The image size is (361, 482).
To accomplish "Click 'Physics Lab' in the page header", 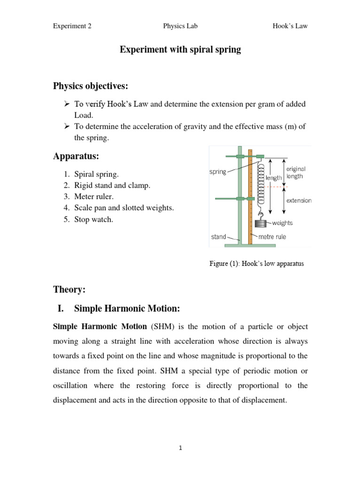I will coord(180,26).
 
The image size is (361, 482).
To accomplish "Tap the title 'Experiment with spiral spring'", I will coord(180,50).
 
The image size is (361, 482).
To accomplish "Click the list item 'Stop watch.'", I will coord(94,219).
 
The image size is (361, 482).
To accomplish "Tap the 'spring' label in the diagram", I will coord(218,172).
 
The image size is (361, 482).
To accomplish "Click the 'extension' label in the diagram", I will coord(298,201).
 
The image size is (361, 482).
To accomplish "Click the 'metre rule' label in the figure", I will coord(272,237).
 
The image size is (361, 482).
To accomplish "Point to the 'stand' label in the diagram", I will coord(218,237).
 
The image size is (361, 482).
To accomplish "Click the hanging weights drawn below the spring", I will coord(259,224).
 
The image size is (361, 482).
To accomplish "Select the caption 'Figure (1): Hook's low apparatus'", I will coord(256,264).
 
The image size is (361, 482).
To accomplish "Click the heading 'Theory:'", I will coord(69,290).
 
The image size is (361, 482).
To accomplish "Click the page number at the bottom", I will coord(180,449).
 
